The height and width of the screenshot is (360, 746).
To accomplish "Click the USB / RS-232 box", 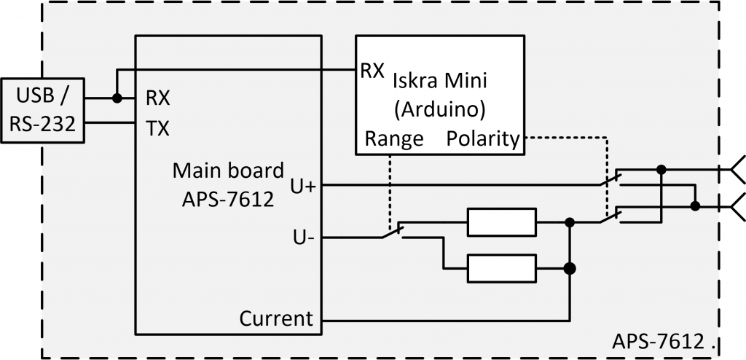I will coord(43,110).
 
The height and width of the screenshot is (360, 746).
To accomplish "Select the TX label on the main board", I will coord(157,129).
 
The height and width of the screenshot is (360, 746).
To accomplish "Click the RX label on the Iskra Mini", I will coord(372,71).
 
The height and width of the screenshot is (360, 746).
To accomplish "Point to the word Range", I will coord(394,138).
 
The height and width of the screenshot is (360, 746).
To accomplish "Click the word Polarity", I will coord(483,138).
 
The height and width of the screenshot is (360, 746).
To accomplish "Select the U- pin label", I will coord(302,238).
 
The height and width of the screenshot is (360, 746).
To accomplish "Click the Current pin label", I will coord(276,318).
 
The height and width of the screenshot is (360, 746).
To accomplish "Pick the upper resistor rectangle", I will coord(501,222).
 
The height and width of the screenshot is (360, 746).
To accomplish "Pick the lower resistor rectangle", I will coord(501,268).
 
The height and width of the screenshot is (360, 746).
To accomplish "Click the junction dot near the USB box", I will coord(116,98).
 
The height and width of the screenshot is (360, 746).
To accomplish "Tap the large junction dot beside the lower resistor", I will coord(570,268).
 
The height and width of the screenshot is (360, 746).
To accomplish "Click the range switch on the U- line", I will coord(393,232).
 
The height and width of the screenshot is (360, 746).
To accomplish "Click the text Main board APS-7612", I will coord(227,185).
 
